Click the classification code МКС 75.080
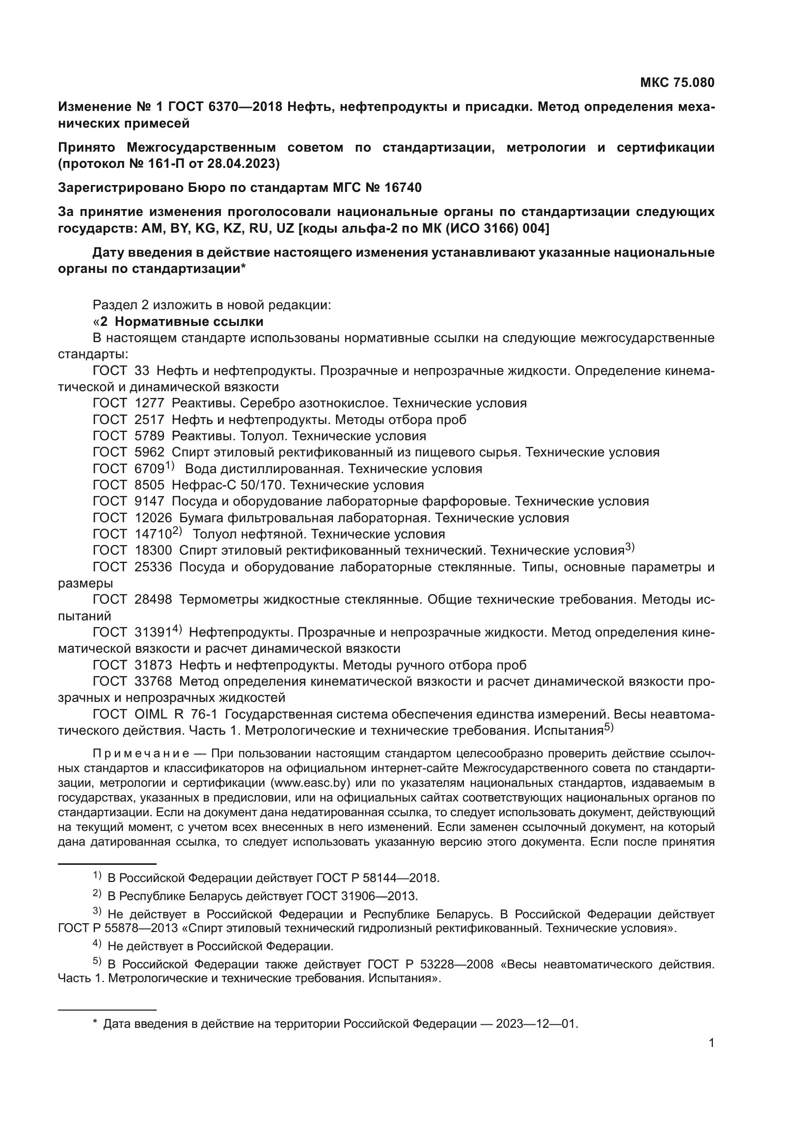(677, 82)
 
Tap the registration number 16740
(403, 188)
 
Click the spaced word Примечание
(141, 753)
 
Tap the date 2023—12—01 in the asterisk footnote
(536, 1024)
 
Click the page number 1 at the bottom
(711, 1043)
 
